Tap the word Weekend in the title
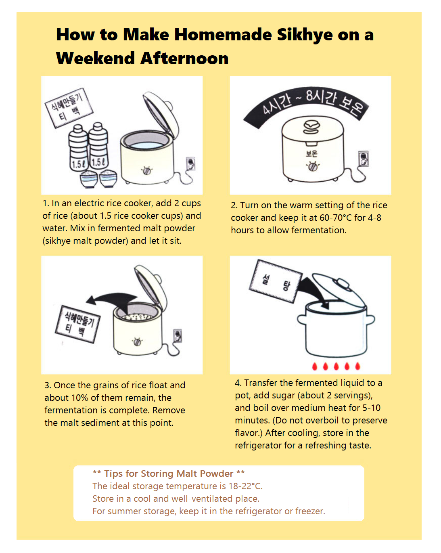(x=96, y=59)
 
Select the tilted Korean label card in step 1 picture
(x=69, y=107)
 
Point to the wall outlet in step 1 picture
(x=190, y=163)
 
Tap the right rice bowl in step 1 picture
(x=108, y=178)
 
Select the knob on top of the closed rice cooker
(x=311, y=127)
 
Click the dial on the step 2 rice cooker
(x=312, y=166)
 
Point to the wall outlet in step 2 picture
(x=363, y=159)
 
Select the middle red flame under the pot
(x=336, y=366)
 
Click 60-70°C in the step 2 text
(x=336, y=218)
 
